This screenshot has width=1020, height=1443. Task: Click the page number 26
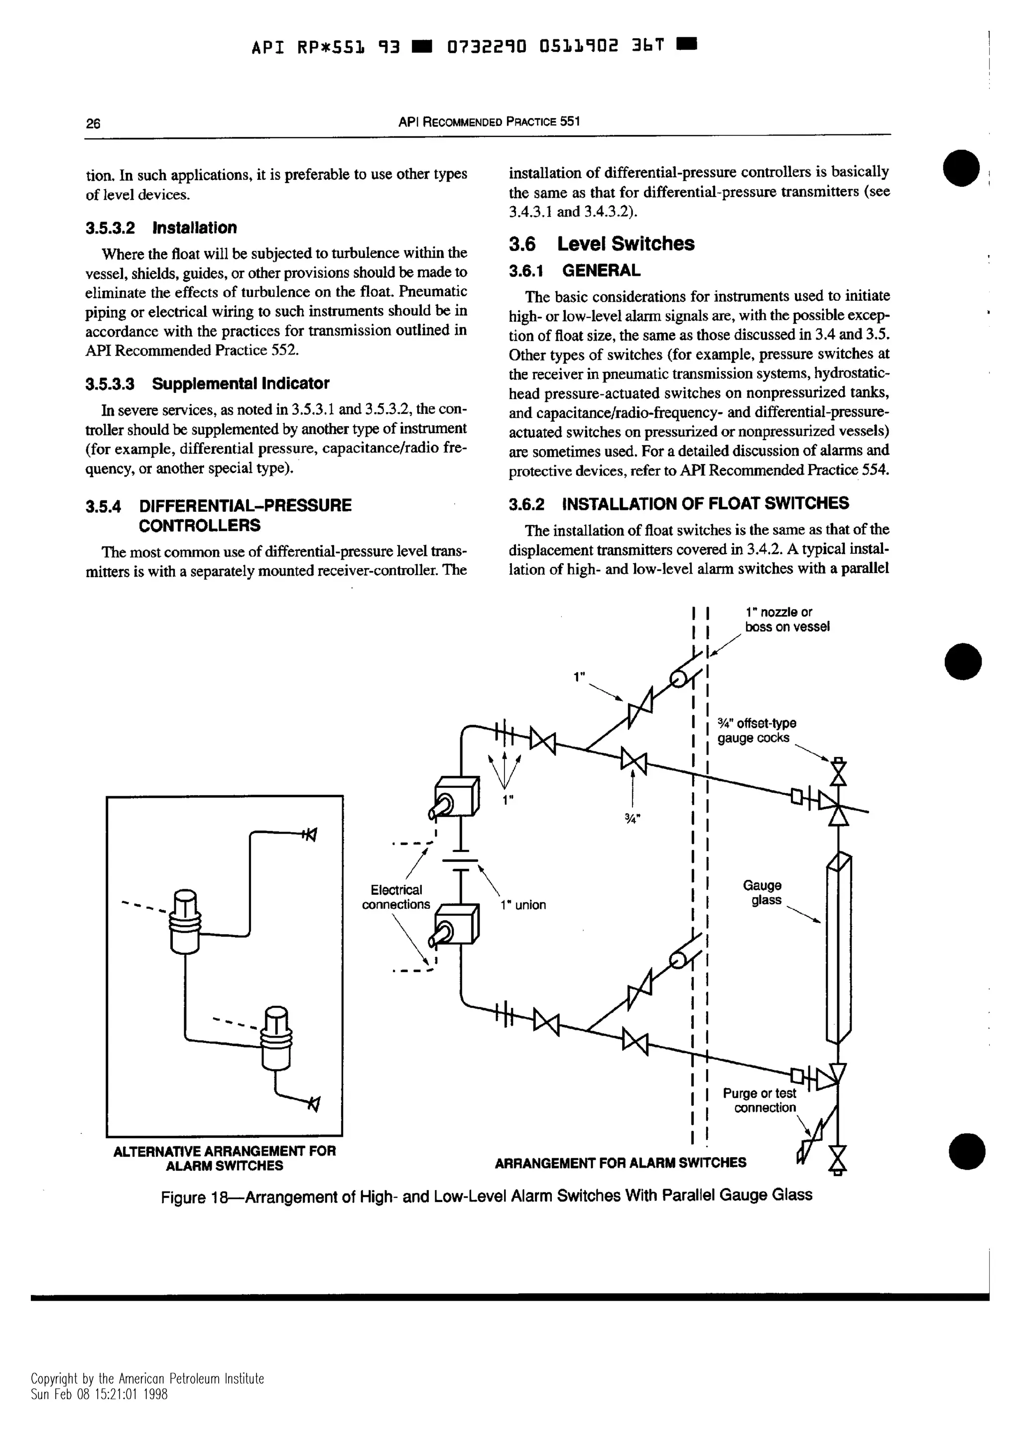(93, 123)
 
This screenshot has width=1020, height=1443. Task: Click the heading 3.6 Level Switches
(602, 244)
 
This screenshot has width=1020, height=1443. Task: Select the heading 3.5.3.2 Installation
(161, 228)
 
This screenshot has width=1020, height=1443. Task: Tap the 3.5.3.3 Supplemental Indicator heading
(207, 383)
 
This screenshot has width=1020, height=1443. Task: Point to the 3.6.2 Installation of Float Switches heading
(679, 503)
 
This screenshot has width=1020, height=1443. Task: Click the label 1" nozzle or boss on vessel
(787, 619)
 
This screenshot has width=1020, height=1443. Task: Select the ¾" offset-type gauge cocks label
(757, 730)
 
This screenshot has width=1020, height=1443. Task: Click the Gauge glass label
(763, 892)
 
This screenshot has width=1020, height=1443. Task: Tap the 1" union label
(523, 905)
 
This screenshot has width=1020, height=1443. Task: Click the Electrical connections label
(396, 897)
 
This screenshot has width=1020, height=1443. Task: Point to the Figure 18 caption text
(487, 1196)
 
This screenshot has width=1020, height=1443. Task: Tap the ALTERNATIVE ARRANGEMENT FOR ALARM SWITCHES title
(224, 1158)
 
